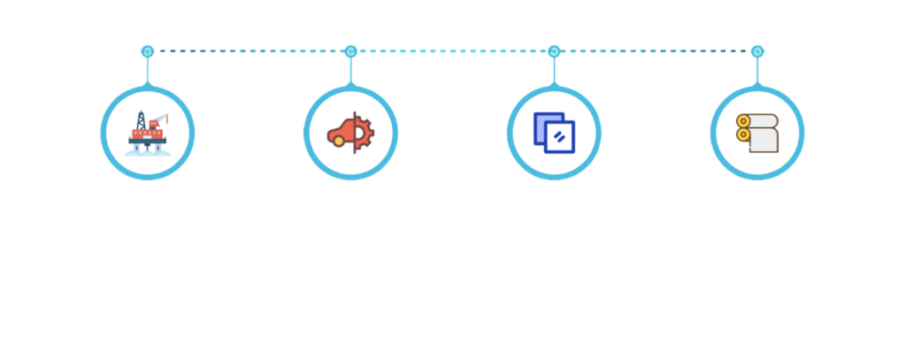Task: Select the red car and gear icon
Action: [x=350, y=133]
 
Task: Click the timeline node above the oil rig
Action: [x=147, y=50]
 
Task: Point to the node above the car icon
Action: [x=350, y=50]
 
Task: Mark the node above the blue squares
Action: [x=554, y=50]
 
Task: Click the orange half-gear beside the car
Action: [x=364, y=133]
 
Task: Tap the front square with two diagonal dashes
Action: [x=560, y=137]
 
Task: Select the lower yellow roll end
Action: [x=743, y=136]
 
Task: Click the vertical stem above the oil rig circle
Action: [x=147, y=69]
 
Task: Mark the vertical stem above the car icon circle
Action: [x=350, y=69]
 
